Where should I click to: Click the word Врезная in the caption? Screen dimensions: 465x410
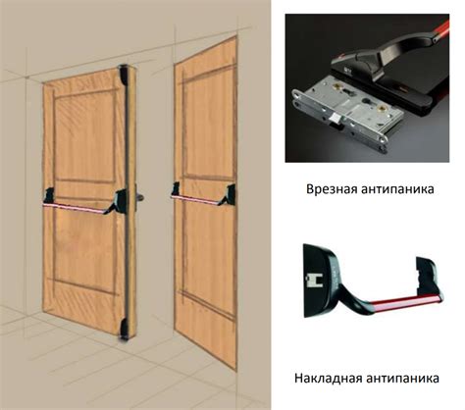[x=332, y=189]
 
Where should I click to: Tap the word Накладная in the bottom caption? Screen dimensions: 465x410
[x=328, y=379]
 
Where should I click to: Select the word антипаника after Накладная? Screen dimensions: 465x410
[x=402, y=379]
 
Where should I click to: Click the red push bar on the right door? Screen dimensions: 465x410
[x=195, y=200]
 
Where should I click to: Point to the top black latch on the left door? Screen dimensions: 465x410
[x=124, y=75]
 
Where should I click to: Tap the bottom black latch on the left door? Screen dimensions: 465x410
[x=124, y=330]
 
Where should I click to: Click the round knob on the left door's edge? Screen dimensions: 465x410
[x=139, y=197]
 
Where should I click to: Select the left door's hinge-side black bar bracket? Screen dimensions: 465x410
[x=49, y=195]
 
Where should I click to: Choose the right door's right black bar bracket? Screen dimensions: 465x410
[x=228, y=195]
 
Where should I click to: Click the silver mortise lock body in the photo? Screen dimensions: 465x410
[x=347, y=116]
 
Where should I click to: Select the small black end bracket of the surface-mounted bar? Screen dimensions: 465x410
[x=428, y=276]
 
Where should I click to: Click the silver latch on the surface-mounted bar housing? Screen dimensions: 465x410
[x=313, y=281]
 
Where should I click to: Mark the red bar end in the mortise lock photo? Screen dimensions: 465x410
[x=441, y=28]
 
